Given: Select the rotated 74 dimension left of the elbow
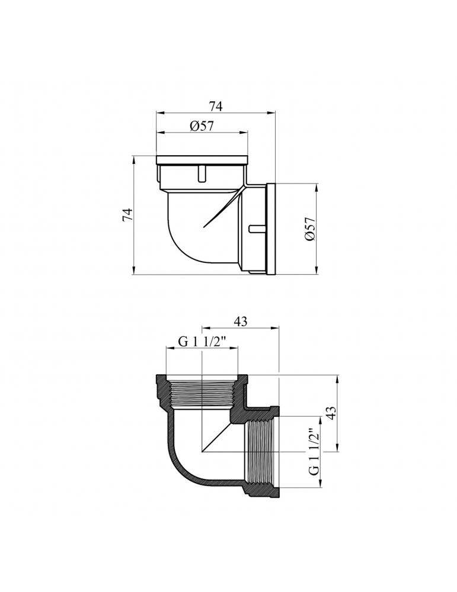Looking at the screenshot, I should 127,215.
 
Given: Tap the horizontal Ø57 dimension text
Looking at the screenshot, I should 202,126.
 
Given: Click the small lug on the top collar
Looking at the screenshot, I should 200,173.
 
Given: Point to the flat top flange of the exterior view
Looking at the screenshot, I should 202,159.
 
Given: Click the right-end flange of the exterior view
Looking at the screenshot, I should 271,228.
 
